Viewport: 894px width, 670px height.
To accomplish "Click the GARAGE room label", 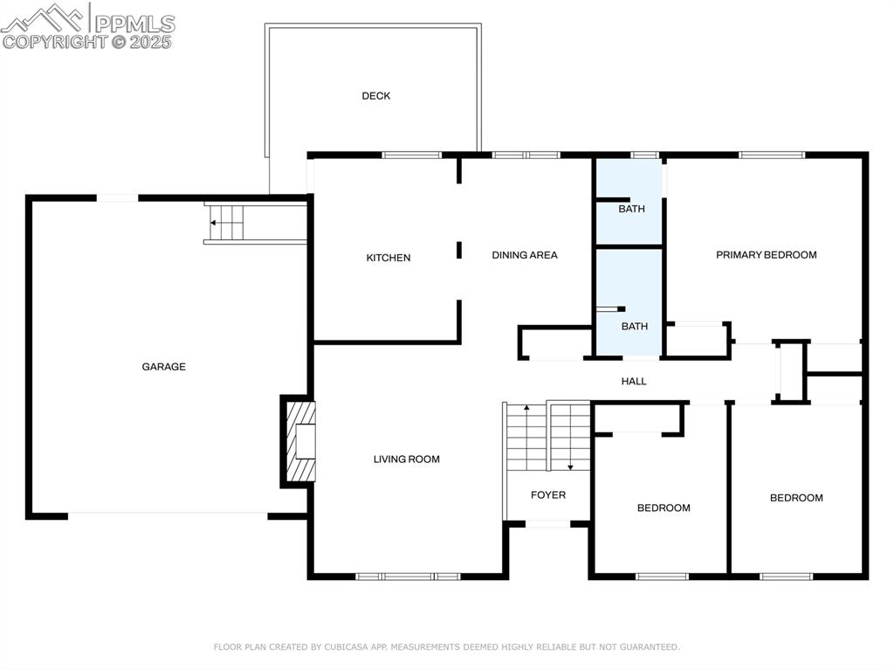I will [x=164, y=367].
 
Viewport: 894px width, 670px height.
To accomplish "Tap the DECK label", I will [x=376, y=96].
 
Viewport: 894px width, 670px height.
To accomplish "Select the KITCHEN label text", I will [x=389, y=258].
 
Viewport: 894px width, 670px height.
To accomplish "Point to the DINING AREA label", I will [x=525, y=255].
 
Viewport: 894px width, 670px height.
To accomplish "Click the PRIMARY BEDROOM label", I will [x=767, y=255].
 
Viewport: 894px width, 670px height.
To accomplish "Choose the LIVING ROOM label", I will [x=407, y=459].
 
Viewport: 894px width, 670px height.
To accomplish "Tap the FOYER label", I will [x=548, y=495].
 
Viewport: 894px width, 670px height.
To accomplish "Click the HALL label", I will [x=634, y=381].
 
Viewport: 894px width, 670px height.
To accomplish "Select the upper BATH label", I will [x=631, y=210].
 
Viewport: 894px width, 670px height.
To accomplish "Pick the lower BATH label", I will [x=635, y=327].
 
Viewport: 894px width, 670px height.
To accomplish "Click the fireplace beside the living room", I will [x=299, y=441].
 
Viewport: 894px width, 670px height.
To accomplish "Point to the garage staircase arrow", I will [x=214, y=223].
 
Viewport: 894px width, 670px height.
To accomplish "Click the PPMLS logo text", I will [x=134, y=24].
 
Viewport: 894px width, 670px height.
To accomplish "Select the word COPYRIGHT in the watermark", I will [x=54, y=41].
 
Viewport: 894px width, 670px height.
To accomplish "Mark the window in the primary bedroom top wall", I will [x=772, y=155].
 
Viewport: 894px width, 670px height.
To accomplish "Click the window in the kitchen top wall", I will [x=412, y=155].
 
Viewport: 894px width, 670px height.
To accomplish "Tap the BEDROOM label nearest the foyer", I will [x=664, y=508].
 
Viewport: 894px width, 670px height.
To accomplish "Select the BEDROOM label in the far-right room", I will [x=796, y=498].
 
